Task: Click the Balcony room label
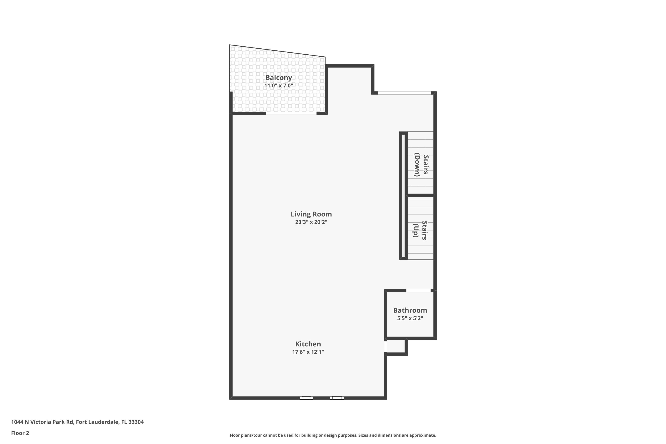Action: pos(278,77)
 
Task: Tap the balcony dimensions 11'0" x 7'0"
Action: pos(278,85)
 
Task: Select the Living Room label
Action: pos(311,214)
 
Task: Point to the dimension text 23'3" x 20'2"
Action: pos(311,222)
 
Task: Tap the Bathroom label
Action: pos(410,310)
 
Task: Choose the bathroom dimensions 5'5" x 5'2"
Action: pos(410,318)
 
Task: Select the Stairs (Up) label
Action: pos(420,230)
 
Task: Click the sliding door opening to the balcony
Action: pos(291,113)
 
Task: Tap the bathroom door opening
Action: pos(418,291)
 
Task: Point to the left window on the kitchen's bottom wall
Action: pos(306,398)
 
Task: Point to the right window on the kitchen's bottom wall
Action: pos(337,398)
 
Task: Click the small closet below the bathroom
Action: pos(396,346)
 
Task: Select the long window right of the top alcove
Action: pos(404,93)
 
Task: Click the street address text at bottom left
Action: pos(77,422)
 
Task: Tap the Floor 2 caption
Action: pos(20,433)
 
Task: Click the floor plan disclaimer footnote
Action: pos(333,435)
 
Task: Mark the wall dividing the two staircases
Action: pos(420,195)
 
